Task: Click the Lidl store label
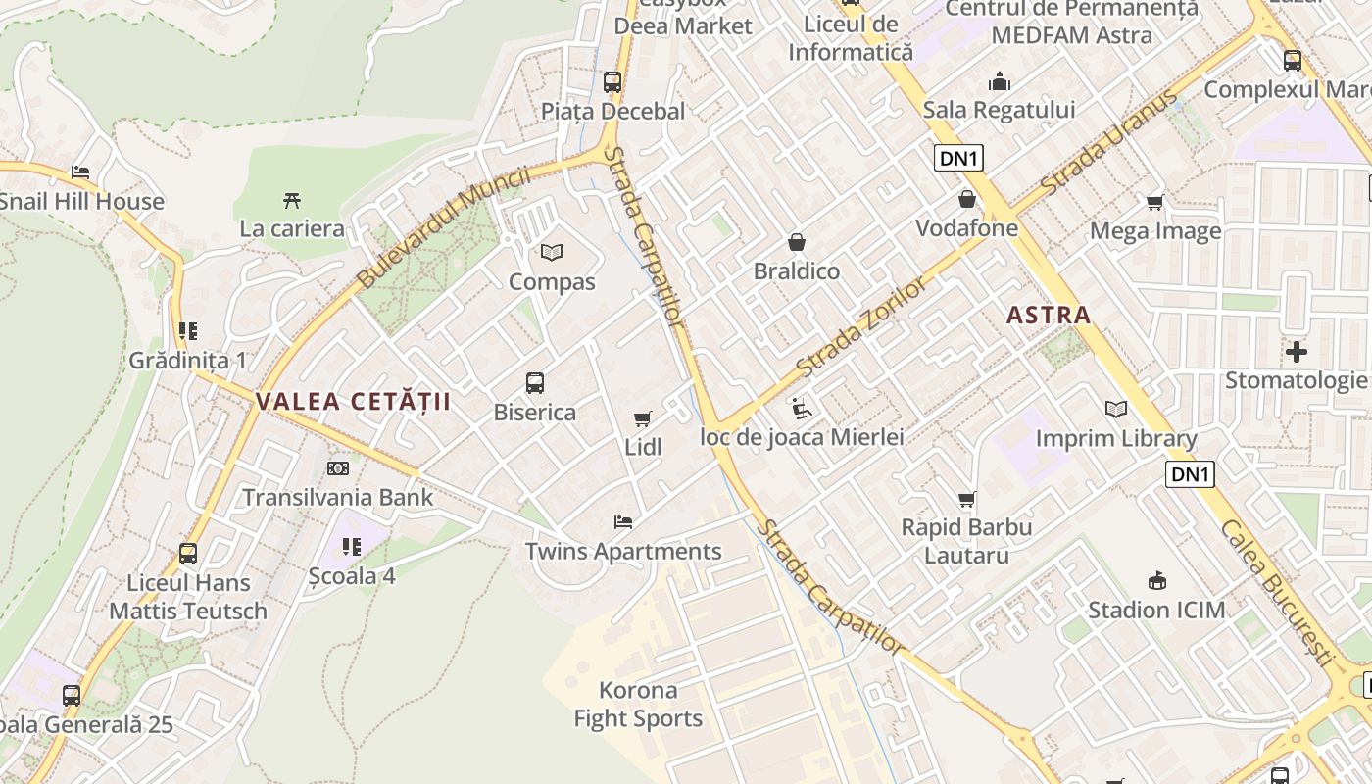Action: [x=644, y=447]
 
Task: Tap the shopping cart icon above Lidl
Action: [x=643, y=419]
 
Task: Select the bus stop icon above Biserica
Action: [x=535, y=383]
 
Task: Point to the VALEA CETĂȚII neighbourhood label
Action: [x=354, y=401]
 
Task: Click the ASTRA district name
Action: [x=1049, y=315]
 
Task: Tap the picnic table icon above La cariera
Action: [x=292, y=201]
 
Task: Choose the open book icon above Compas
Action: [x=552, y=253]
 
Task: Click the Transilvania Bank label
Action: [x=337, y=497]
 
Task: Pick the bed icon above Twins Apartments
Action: [x=623, y=522]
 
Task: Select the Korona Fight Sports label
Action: [x=638, y=705]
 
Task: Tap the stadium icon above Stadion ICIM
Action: [x=1156, y=580]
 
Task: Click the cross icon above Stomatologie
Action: [x=1297, y=351]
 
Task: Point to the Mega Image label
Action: [x=1155, y=231]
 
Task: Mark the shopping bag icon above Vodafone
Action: [x=967, y=200]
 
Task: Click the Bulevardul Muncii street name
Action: [x=443, y=227]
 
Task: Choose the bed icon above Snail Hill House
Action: [x=80, y=172]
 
